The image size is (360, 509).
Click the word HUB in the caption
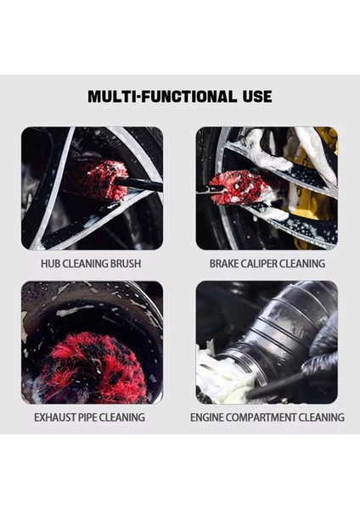click(53, 263)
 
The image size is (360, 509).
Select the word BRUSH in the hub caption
click(125, 263)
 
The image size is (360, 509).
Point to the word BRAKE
click(228, 263)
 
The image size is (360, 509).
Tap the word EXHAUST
click(57, 417)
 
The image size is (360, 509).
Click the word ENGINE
click(208, 417)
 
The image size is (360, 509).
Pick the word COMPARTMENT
click(263, 417)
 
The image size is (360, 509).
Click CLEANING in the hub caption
click(85, 263)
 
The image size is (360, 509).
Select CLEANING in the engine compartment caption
click(323, 417)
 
